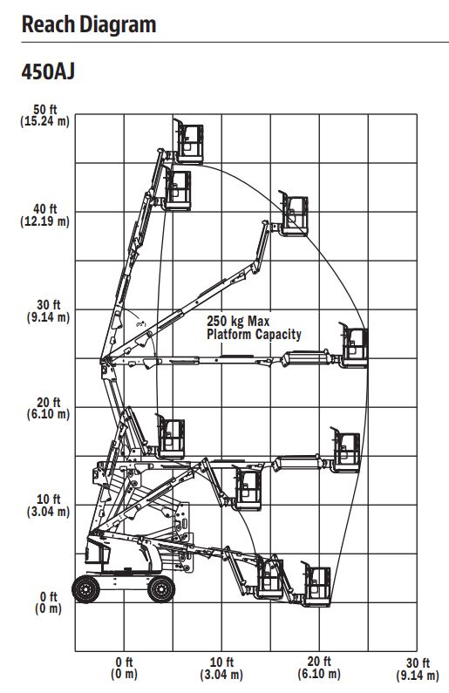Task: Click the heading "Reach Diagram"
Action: pos(89,24)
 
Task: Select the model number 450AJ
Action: pos(48,71)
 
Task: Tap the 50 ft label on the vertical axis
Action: pos(45,115)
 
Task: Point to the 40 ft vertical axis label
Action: pos(45,214)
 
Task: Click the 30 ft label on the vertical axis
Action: pos(48,311)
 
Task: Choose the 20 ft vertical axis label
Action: pos(48,408)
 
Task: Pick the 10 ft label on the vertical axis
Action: pos(48,506)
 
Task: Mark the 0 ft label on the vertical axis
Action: pos(48,602)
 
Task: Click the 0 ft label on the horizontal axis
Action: pos(124,668)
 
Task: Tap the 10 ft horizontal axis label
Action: pos(221,668)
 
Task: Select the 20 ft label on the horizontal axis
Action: pos(319,668)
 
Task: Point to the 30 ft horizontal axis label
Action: pos(418,669)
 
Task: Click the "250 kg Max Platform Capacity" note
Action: pos(254,328)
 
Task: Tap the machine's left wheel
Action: pos(85,589)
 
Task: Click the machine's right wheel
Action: pos(161,589)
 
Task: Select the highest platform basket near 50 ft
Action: pos(188,141)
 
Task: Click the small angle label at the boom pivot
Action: pos(141,324)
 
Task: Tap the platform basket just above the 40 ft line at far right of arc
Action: pos(294,214)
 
